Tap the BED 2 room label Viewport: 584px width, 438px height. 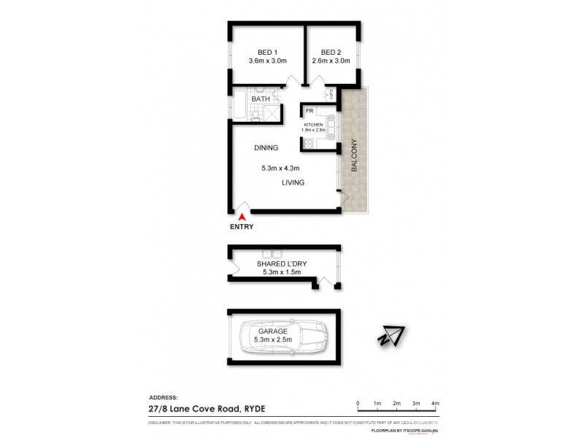(331, 52)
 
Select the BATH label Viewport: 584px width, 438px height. (261, 99)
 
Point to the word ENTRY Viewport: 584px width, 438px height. (242, 227)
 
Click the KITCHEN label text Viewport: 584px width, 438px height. (314, 125)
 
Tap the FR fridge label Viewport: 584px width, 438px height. (310, 112)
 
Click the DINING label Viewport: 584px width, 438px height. (266, 148)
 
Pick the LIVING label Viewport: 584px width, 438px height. (293, 182)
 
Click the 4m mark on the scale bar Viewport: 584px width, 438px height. (435, 403)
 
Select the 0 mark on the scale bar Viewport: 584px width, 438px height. (358, 403)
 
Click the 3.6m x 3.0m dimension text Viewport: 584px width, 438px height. (267, 62)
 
